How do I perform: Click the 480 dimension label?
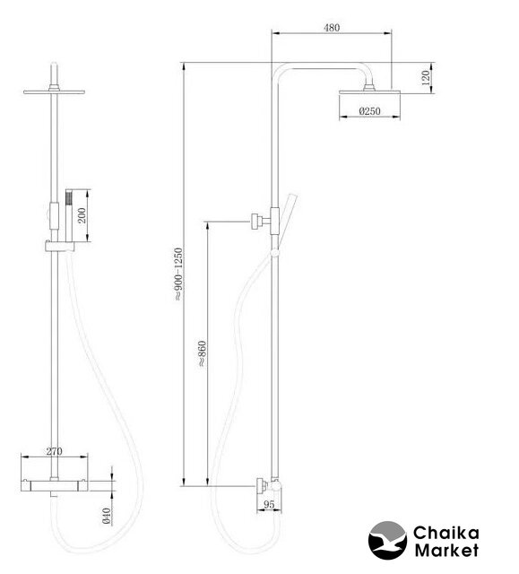click(x=332, y=28)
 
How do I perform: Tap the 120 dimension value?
click(x=426, y=78)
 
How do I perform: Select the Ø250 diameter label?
click(x=369, y=111)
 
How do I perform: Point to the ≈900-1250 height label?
click(x=178, y=274)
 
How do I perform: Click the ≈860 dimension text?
click(x=203, y=353)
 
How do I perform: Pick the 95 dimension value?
click(x=269, y=504)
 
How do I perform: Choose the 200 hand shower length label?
click(x=82, y=215)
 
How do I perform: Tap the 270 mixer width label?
click(x=54, y=451)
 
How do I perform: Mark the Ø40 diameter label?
click(x=107, y=516)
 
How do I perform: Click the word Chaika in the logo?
click(x=445, y=533)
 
